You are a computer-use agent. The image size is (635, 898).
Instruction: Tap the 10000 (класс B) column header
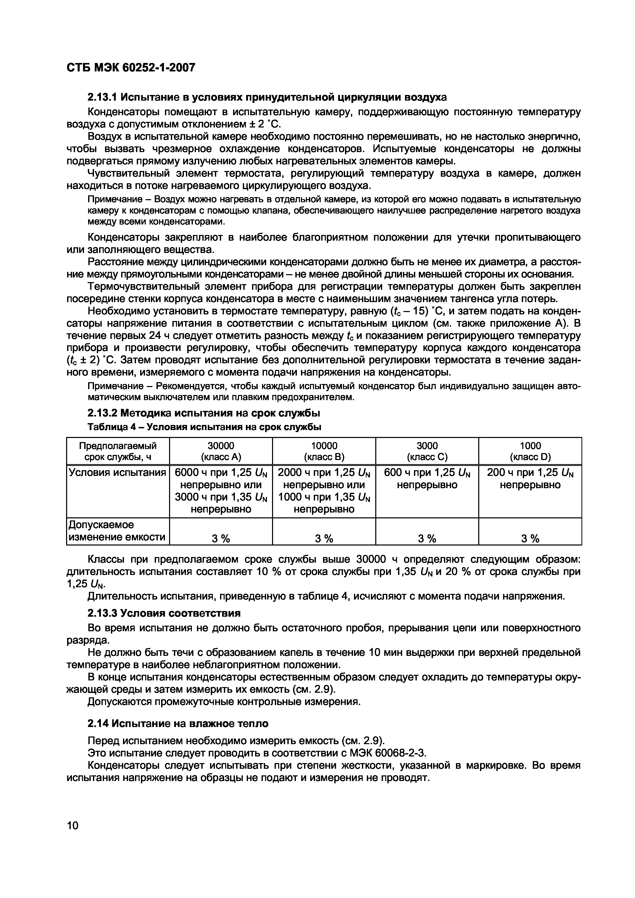[324, 451]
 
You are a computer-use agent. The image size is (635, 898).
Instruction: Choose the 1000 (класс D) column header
[530, 451]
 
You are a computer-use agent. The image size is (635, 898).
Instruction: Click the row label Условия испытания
[117, 473]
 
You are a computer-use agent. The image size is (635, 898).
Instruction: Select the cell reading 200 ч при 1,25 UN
[530, 478]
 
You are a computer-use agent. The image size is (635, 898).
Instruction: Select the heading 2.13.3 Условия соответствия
[163, 613]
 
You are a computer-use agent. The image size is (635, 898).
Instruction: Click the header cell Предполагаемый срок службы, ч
[118, 451]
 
